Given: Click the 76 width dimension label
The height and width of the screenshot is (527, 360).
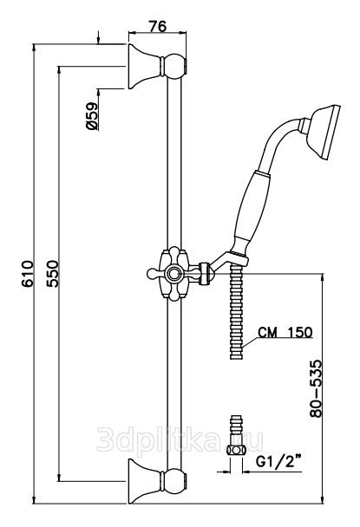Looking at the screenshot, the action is coord(158,26).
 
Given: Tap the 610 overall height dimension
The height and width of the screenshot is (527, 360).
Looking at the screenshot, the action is coord(28,273).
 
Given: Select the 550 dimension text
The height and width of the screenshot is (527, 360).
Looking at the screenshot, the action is coord(52,273).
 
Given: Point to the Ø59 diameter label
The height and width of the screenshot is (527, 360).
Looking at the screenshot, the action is coord(92,116).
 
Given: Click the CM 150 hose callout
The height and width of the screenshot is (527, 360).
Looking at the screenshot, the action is coord(285,332).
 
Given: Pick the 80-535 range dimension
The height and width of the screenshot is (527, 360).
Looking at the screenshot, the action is coord(316,388).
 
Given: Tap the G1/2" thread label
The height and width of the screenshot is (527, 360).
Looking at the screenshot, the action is coord(278,462).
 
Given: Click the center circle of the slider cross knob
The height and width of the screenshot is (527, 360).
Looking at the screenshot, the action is coord(174,274).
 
